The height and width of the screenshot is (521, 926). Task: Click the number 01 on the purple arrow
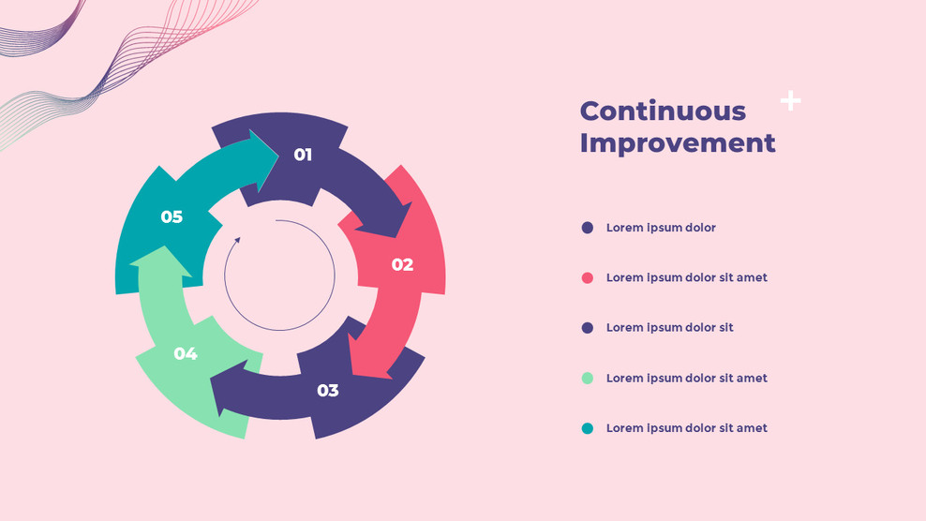303,155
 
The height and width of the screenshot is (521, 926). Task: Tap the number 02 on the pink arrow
402,264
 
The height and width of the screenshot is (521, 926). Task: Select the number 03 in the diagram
327,390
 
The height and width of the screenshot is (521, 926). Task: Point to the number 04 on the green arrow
186,353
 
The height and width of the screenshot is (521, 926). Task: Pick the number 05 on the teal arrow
172,216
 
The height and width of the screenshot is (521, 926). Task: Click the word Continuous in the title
663,111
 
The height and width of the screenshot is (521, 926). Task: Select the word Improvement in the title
677,142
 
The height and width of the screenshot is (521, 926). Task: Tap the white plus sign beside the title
791,100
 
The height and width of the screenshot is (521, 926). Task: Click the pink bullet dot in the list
588,277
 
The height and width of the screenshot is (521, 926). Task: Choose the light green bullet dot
588,378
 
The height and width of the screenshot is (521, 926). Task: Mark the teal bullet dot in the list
588,428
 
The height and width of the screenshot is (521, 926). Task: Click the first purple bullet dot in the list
588,228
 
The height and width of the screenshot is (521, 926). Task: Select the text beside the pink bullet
686,277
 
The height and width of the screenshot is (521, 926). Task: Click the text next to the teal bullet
686,428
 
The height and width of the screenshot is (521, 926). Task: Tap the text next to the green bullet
686,378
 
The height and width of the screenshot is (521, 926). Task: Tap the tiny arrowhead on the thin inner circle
238,240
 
